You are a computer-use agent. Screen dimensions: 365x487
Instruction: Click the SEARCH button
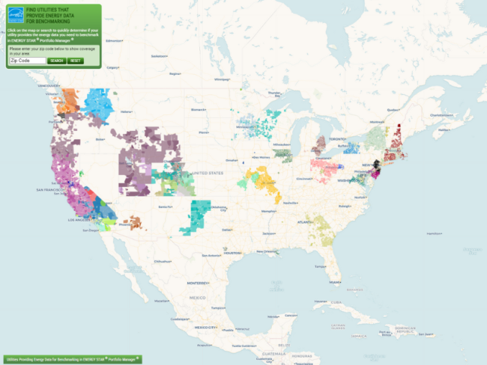pos(57,60)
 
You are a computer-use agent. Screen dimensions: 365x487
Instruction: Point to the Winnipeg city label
pos(221,79)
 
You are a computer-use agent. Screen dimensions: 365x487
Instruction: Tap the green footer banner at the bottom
pos(72,358)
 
